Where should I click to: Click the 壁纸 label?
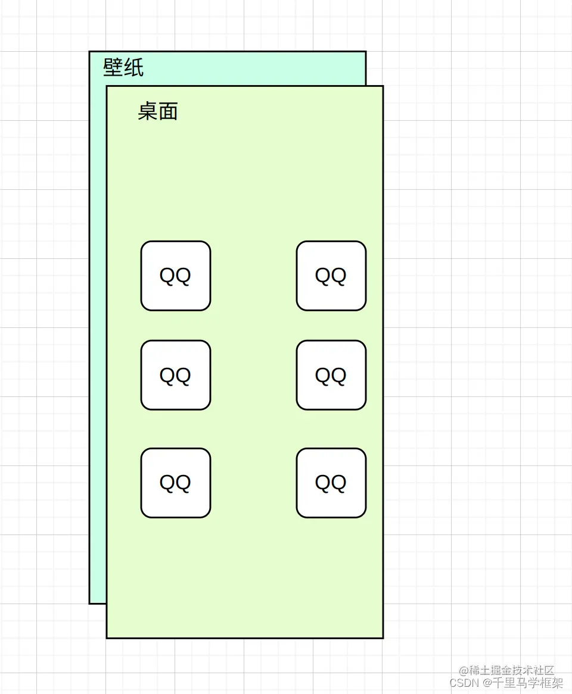pos(123,67)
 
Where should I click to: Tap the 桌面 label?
pos(158,111)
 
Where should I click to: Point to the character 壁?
pos(113,67)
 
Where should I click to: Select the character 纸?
pos(134,67)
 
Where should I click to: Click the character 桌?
pos(148,111)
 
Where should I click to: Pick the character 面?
pos(169,111)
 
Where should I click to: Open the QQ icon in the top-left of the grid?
pos(176,276)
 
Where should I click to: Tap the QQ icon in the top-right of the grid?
pos(331,276)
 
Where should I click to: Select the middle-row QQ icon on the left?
pos(176,375)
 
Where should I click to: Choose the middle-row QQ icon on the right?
pos(331,375)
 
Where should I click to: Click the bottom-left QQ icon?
pos(176,483)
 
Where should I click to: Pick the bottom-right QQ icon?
pos(331,483)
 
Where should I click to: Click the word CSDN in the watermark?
pos(465,683)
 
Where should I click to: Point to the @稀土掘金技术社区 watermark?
pos(506,671)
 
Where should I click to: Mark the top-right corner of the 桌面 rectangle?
pos(383,86)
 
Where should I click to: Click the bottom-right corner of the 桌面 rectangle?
pos(383,638)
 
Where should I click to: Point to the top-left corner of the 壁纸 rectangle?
pos(89,52)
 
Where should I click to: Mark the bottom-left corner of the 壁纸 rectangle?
pos(89,604)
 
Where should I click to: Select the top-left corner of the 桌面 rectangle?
pos(107,86)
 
